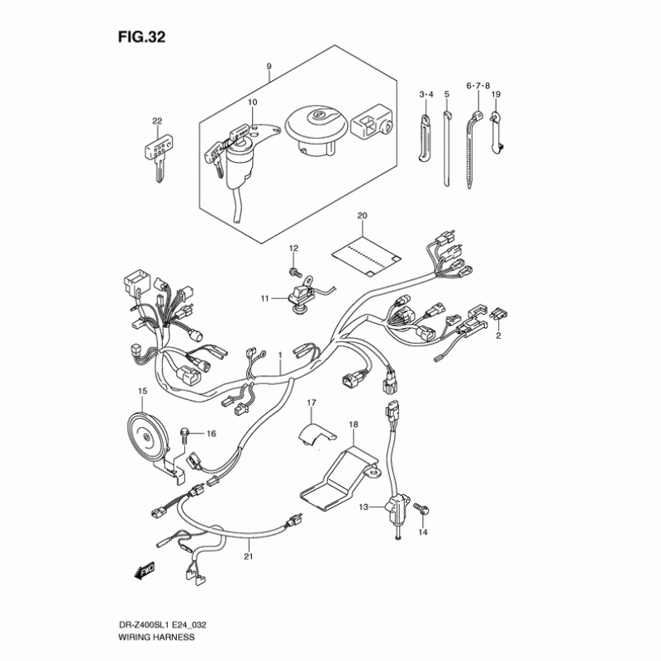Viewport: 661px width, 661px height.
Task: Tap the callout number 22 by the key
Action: (x=157, y=121)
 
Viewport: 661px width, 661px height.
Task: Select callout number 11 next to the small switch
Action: (x=265, y=297)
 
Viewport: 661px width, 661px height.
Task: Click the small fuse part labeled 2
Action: (x=498, y=314)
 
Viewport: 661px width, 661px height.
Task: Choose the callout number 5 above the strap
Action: (x=446, y=94)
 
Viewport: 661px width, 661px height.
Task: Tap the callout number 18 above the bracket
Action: (x=353, y=424)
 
